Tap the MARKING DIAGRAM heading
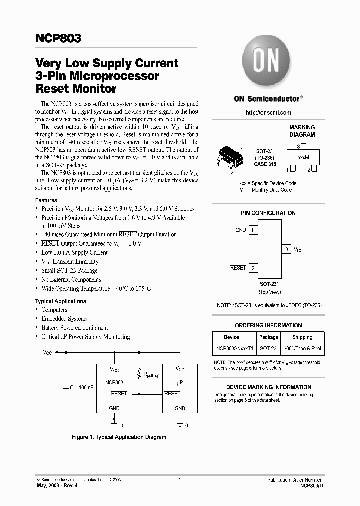[302, 131]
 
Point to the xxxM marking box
[302, 157]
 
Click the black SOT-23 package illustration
[229, 156]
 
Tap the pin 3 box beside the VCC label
[287, 249]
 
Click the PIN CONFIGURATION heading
[268, 213]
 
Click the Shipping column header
[302, 337]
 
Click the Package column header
[269, 337]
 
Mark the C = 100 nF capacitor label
[81, 386]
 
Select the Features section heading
[46, 200]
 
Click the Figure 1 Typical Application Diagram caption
[119, 437]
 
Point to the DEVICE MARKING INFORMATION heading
[268, 387]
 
